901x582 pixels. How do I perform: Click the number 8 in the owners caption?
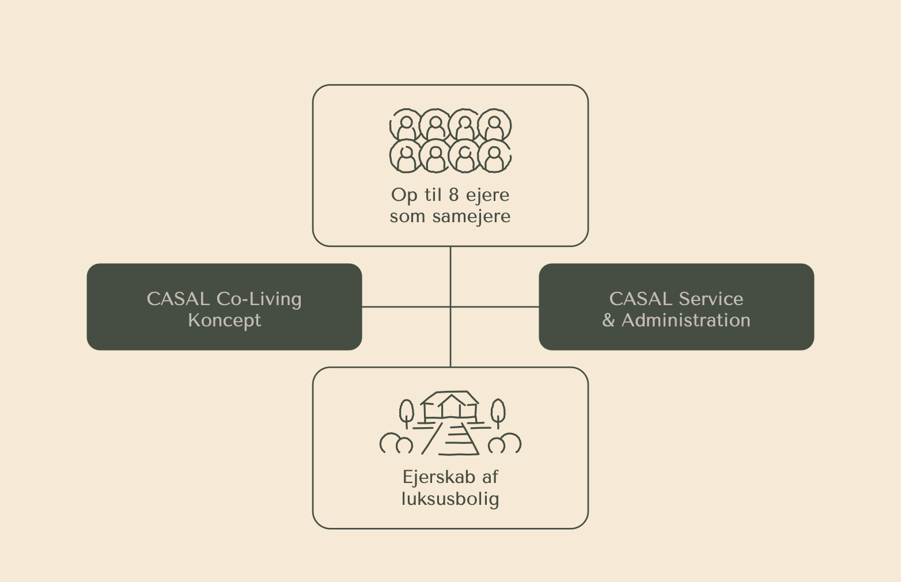tap(454, 195)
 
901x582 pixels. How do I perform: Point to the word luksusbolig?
tap(450, 499)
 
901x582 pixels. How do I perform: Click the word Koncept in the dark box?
tap(224, 320)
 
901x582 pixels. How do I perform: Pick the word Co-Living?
tap(259, 299)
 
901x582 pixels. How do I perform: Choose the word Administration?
tap(686, 320)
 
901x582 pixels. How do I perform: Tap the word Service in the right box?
tap(710, 299)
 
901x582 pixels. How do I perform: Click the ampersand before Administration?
tap(608, 321)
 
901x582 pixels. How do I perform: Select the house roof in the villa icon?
tap(450, 398)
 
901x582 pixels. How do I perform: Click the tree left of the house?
tap(407, 412)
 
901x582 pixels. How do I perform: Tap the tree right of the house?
tap(498, 412)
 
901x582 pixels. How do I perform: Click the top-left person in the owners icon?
tap(407, 126)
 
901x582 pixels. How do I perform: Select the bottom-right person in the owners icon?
tap(494, 157)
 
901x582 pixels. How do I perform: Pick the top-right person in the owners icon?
tap(494, 126)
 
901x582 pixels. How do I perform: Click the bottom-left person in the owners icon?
tap(407, 157)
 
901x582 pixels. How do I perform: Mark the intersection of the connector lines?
tap(450, 307)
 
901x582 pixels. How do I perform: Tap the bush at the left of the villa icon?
tap(396, 443)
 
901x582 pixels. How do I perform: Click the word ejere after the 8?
tap(487, 195)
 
